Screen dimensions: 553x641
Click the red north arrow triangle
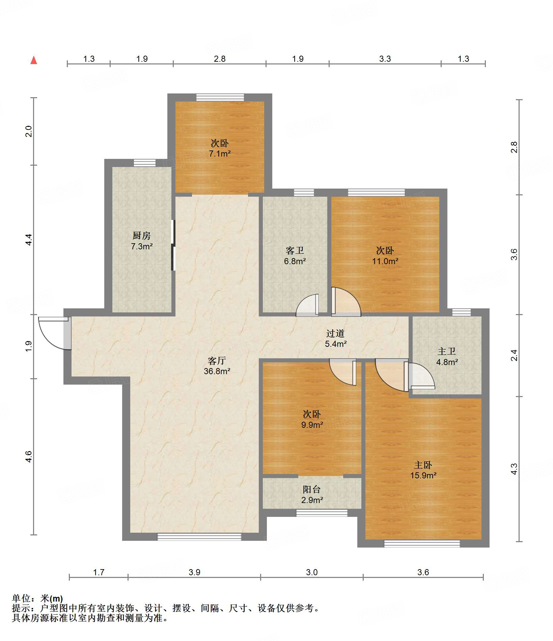click(34, 60)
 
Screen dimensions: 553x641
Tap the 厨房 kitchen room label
click(142, 235)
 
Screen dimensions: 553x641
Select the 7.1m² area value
click(220, 154)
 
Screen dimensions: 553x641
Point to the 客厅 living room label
click(217, 361)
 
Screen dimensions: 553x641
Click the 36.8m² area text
click(217, 371)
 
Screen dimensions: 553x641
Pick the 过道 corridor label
click(335, 333)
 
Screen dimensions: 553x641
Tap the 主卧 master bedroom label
click(423, 465)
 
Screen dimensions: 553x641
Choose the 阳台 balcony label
click(312, 489)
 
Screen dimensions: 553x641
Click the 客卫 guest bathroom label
click(295, 250)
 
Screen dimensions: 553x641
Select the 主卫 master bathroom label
click(447, 351)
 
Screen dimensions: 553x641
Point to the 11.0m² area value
click(385, 261)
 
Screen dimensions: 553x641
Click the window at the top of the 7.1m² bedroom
click(220, 97)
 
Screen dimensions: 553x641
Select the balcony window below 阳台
click(322, 513)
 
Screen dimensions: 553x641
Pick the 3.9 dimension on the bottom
click(194, 572)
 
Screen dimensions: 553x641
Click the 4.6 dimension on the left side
click(29, 456)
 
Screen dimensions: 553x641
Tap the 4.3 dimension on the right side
click(514, 469)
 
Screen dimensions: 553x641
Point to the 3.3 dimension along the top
click(385, 59)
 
